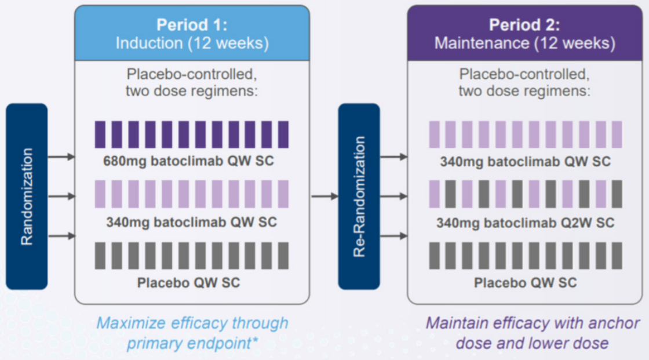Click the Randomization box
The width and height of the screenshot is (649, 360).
[x=27, y=197]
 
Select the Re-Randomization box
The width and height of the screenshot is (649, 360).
[x=359, y=197]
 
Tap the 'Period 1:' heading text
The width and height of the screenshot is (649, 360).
[x=192, y=25]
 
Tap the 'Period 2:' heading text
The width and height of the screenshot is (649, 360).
[x=524, y=25]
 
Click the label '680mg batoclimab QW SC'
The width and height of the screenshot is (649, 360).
[x=188, y=161]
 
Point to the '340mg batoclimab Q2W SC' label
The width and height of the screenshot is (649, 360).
[x=525, y=223]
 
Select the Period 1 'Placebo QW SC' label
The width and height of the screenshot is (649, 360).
[x=188, y=282]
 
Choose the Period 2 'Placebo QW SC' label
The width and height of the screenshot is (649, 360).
[x=525, y=282]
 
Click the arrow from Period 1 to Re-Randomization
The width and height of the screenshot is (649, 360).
[x=324, y=197]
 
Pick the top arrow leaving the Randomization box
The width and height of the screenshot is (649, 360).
[x=61, y=157]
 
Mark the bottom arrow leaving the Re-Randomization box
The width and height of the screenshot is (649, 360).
[x=393, y=236]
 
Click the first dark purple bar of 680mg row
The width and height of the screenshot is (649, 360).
[x=100, y=134]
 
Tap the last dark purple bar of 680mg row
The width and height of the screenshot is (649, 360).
[x=283, y=134]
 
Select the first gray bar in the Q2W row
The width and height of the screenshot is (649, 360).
[x=450, y=194]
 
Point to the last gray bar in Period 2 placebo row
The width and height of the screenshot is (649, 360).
[x=617, y=256]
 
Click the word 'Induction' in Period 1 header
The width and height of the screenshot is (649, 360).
[x=149, y=43]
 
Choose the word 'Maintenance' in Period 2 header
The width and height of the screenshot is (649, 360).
[x=481, y=43]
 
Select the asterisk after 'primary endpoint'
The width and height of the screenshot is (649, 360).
[x=255, y=340]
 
